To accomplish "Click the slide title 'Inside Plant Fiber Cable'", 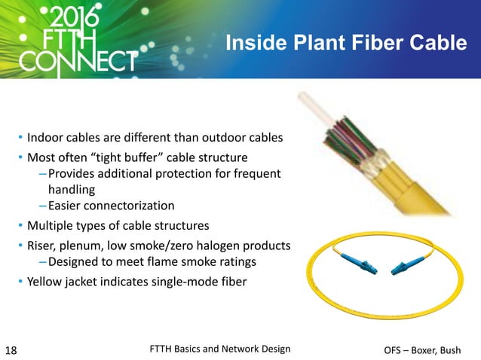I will point(346,44).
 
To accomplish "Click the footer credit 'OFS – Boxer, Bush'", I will point(430,349).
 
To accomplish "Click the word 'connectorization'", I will point(132,206).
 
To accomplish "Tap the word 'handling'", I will point(71,190).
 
